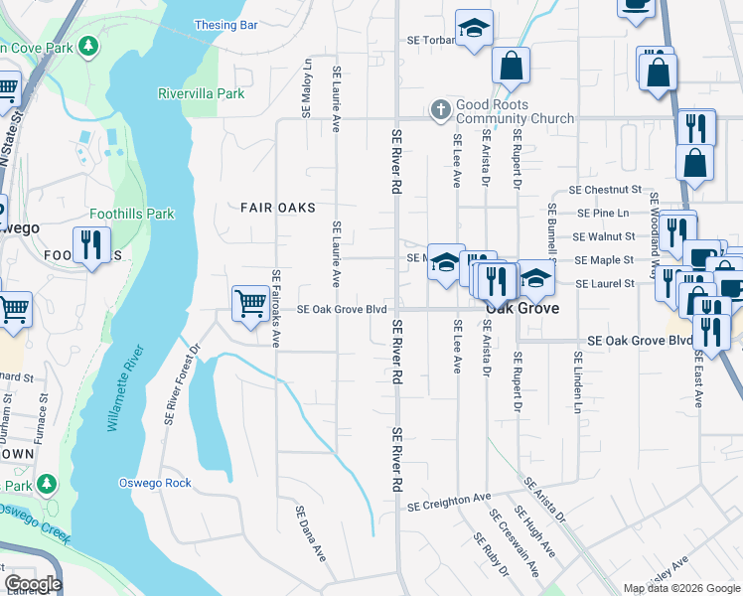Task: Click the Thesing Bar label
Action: (x=226, y=24)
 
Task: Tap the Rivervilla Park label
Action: (x=201, y=93)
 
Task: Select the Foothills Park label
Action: (x=132, y=214)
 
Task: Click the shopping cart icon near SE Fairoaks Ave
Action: (x=249, y=302)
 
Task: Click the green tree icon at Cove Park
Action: (x=89, y=46)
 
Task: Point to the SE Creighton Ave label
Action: (x=449, y=504)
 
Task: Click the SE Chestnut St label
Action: (x=605, y=190)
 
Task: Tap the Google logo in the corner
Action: (x=33, y=583)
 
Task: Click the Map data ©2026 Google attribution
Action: (x=680, y=588)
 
